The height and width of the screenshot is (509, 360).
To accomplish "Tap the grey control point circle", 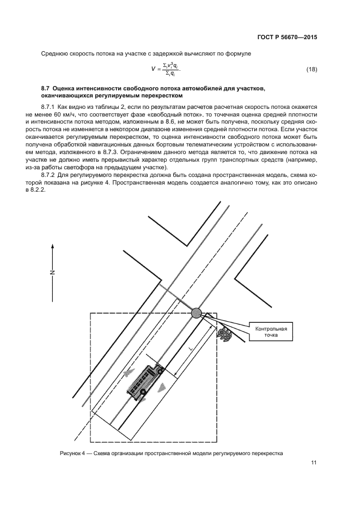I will coord(196,312).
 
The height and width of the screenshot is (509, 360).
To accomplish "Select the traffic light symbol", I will coord(224,334).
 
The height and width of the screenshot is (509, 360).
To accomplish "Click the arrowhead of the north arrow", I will coord(53,246).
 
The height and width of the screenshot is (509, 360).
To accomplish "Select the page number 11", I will coord(314,463).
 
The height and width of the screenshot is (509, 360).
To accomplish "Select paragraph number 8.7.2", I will coord(50,177).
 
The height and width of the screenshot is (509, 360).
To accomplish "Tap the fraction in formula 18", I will coord(170,70).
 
